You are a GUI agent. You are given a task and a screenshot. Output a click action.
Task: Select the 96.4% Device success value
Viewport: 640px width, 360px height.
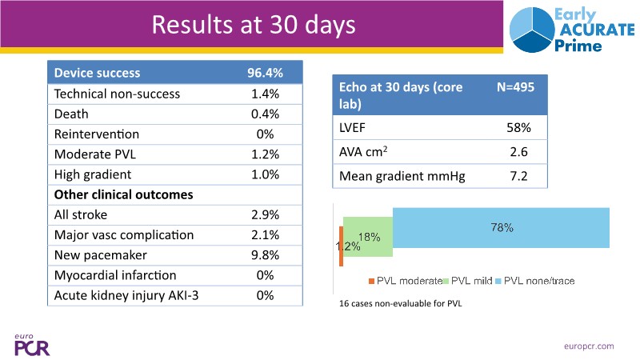pyautogui.click(x=265, y=73)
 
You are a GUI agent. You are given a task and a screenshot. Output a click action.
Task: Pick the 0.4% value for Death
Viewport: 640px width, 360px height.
pyautogui.click(x=265, y=114)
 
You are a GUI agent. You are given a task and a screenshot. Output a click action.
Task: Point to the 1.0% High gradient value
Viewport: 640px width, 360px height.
pyautogui.click(x=265, y=174)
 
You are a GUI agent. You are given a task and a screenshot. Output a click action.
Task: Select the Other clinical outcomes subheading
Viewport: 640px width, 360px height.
pyautogui.click(x=123, y=194)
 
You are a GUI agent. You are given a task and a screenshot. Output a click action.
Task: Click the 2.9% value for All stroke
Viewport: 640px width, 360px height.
pyautogui.click(x=265, y=214)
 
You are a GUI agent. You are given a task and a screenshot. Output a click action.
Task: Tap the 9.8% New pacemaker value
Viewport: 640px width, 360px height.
pyautogui.click(x=265, y=255)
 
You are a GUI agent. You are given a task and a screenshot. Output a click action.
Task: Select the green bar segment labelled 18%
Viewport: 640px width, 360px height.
pyautogui.click(x=368, y=237)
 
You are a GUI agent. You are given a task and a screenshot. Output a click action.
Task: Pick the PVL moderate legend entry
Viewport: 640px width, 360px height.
pyautogui.click(x=406, y=281)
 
